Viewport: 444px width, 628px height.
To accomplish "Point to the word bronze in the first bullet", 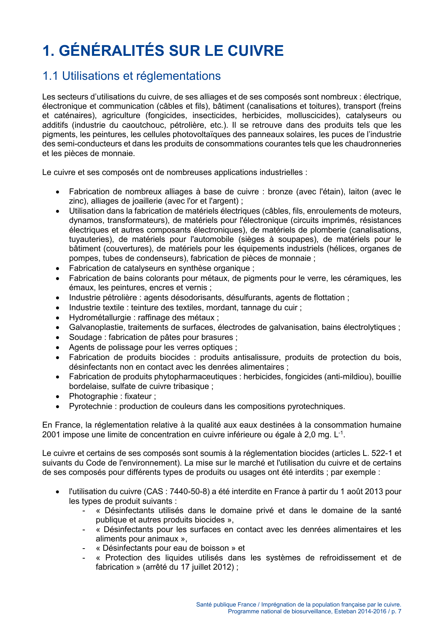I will pos(280,192).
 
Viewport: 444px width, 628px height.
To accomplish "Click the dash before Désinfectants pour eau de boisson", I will pos(84,548).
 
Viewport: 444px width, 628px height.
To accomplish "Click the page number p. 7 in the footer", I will pos(396,612).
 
